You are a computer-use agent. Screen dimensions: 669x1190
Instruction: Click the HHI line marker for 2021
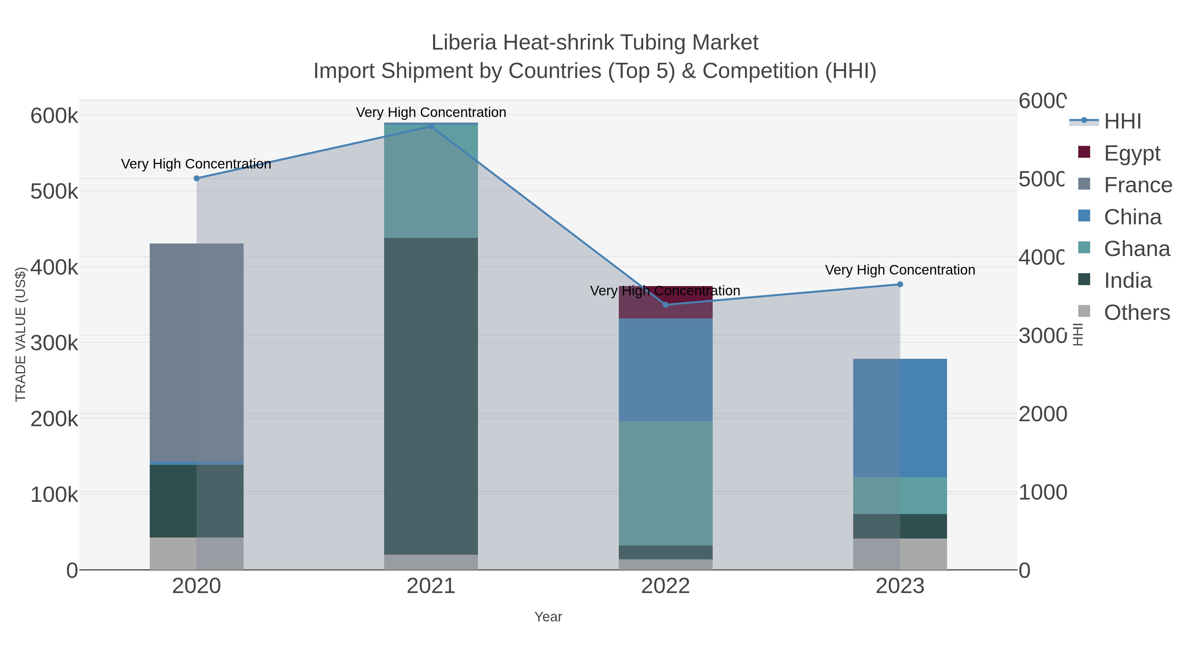point(430,126)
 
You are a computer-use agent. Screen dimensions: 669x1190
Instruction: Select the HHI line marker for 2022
point(665,305)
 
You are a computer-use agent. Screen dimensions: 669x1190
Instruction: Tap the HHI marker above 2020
point(196,178)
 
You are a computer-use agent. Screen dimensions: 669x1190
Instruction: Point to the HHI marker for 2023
point(900,284)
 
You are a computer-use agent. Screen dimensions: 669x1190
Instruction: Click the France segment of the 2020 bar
point(196,351)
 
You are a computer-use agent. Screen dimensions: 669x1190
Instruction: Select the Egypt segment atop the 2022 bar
point(665,302)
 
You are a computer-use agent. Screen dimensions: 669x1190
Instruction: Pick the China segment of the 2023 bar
point(900,418)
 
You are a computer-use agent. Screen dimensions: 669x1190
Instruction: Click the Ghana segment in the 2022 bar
point(665,482)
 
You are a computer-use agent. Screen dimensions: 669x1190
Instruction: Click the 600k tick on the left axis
point(54,115)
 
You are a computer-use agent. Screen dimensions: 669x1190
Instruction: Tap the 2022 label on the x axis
point(665,586)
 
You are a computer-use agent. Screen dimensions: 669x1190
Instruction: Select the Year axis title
point(548,616)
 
